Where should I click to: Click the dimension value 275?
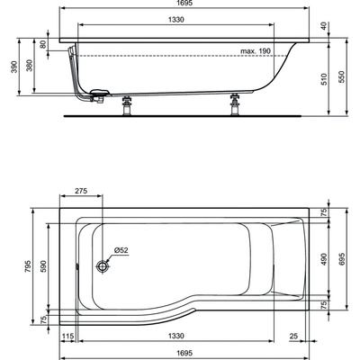pos(81,192)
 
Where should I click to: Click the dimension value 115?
pos(67,336)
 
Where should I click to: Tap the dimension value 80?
pos(43,43)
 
